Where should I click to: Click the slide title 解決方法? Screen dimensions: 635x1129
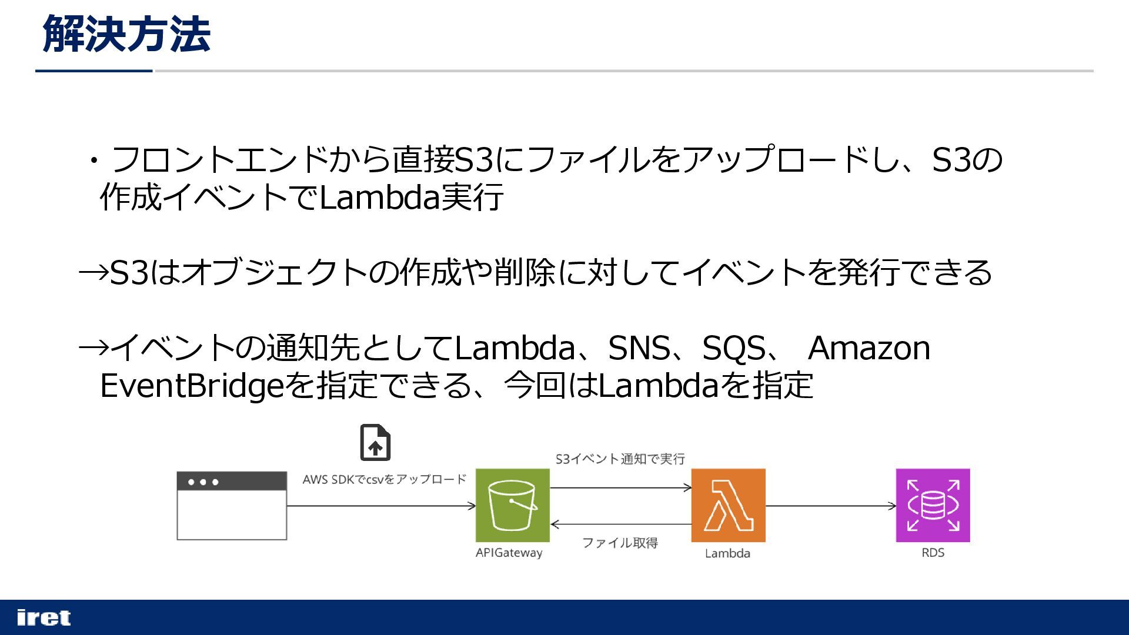(126, 34)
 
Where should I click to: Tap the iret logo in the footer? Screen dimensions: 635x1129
(44, 617)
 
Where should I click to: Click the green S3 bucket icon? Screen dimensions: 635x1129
(512, 505)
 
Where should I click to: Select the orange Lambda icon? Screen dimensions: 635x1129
(728, 505)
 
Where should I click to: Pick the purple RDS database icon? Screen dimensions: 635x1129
(933, 505)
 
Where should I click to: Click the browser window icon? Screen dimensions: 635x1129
(232, 505)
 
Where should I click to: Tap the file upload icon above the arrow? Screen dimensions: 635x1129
(375, 442)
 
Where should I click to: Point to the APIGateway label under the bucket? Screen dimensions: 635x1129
(509, 553)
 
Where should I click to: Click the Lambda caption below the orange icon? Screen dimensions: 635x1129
(727, 553)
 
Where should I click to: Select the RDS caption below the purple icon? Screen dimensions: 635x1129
(933, 553)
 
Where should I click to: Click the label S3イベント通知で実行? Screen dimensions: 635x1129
(620, 459)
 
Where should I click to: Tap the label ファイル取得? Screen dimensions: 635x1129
(620, 543)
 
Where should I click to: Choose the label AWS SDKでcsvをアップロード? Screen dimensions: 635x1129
(384, 479)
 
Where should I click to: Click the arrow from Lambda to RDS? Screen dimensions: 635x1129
(830, 506)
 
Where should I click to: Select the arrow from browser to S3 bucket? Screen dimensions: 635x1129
(381, 506)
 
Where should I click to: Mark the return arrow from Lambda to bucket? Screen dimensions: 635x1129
(620, 524)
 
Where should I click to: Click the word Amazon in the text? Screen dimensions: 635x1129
(869, 347)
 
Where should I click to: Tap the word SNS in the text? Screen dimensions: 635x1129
(639, 347)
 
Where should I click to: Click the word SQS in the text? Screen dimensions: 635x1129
(734, 347)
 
